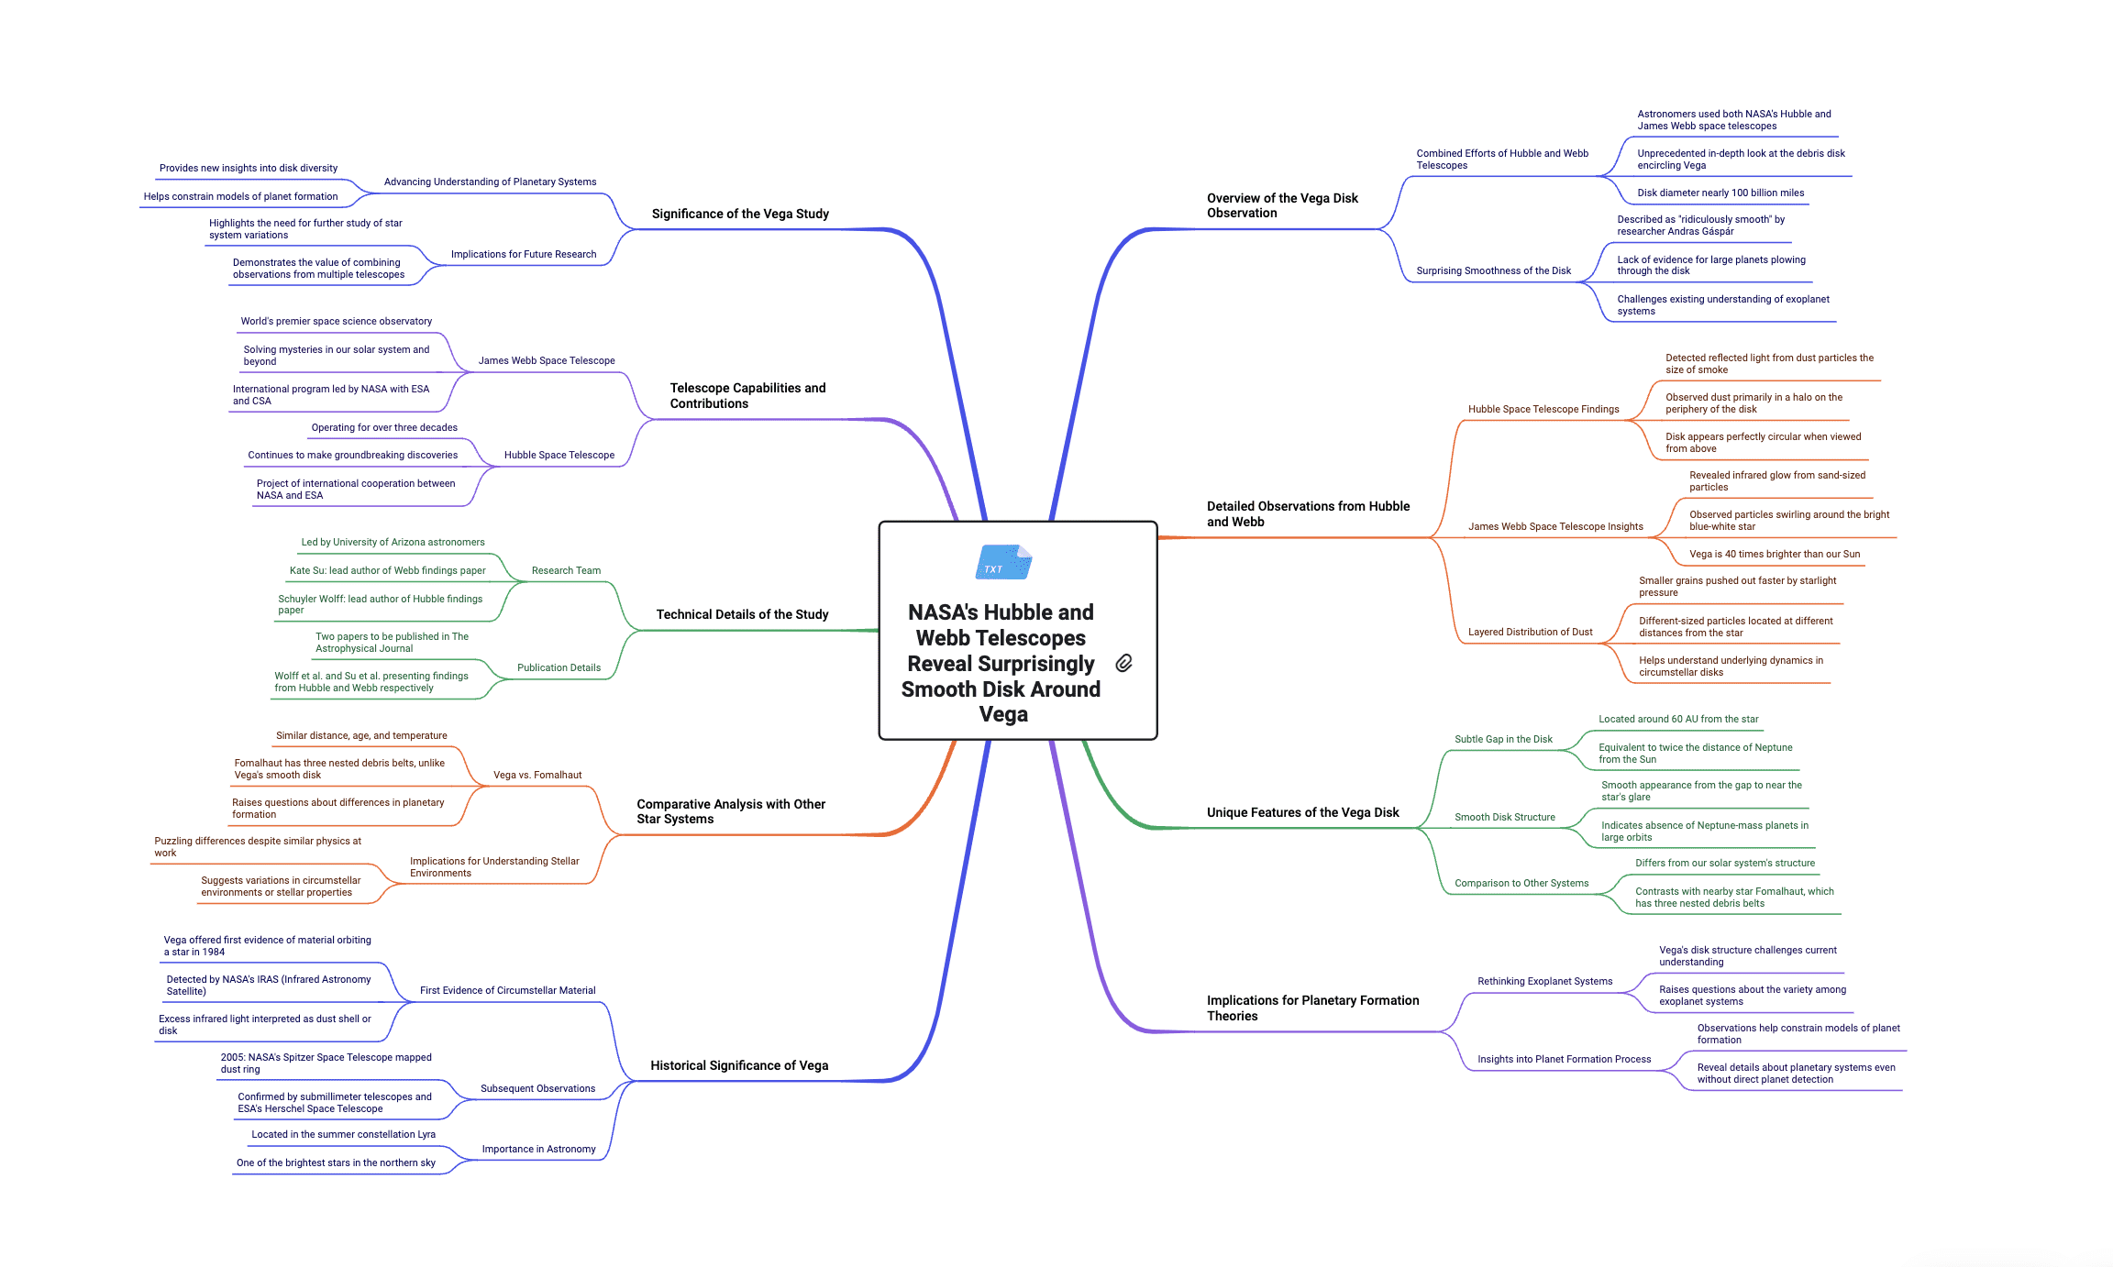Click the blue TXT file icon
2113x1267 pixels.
click(x=1003, y=562)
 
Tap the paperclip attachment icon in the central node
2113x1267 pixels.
click(x=1123, y=663)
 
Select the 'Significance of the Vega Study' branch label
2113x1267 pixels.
click(x=740, y=214)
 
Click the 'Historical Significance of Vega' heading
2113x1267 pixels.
click(x=739, y=1065)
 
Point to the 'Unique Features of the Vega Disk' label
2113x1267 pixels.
click(x=1302, y=812)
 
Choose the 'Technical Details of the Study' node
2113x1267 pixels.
click(x=742, y=614)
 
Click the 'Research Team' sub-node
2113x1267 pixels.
click(x=566, y=570)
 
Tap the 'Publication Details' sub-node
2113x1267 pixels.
click(x=559, y=667)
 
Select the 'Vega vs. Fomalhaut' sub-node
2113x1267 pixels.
click(x=537, y=775)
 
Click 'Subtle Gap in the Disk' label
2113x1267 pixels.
click(x=1503, y=739)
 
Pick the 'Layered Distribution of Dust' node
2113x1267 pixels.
click(x=1530, y=632)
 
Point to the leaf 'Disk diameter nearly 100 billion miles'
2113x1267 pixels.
click(x=1720, y=193)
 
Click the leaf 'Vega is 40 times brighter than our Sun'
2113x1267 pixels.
click(x=1775, y=554)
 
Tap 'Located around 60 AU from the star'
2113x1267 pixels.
click(x=1678, y=719)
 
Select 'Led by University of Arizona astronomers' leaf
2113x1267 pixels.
click(x=393, y=542)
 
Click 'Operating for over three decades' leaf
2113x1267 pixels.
click(x=384, y=427)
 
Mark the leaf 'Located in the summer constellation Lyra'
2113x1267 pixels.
click(x=343, y=1134)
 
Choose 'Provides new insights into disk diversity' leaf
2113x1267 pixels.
click(x=249, y=168)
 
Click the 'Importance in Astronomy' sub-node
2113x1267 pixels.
click(x=538, y=1149)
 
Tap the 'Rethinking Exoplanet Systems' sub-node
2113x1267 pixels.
click(x=1544, y=981)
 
